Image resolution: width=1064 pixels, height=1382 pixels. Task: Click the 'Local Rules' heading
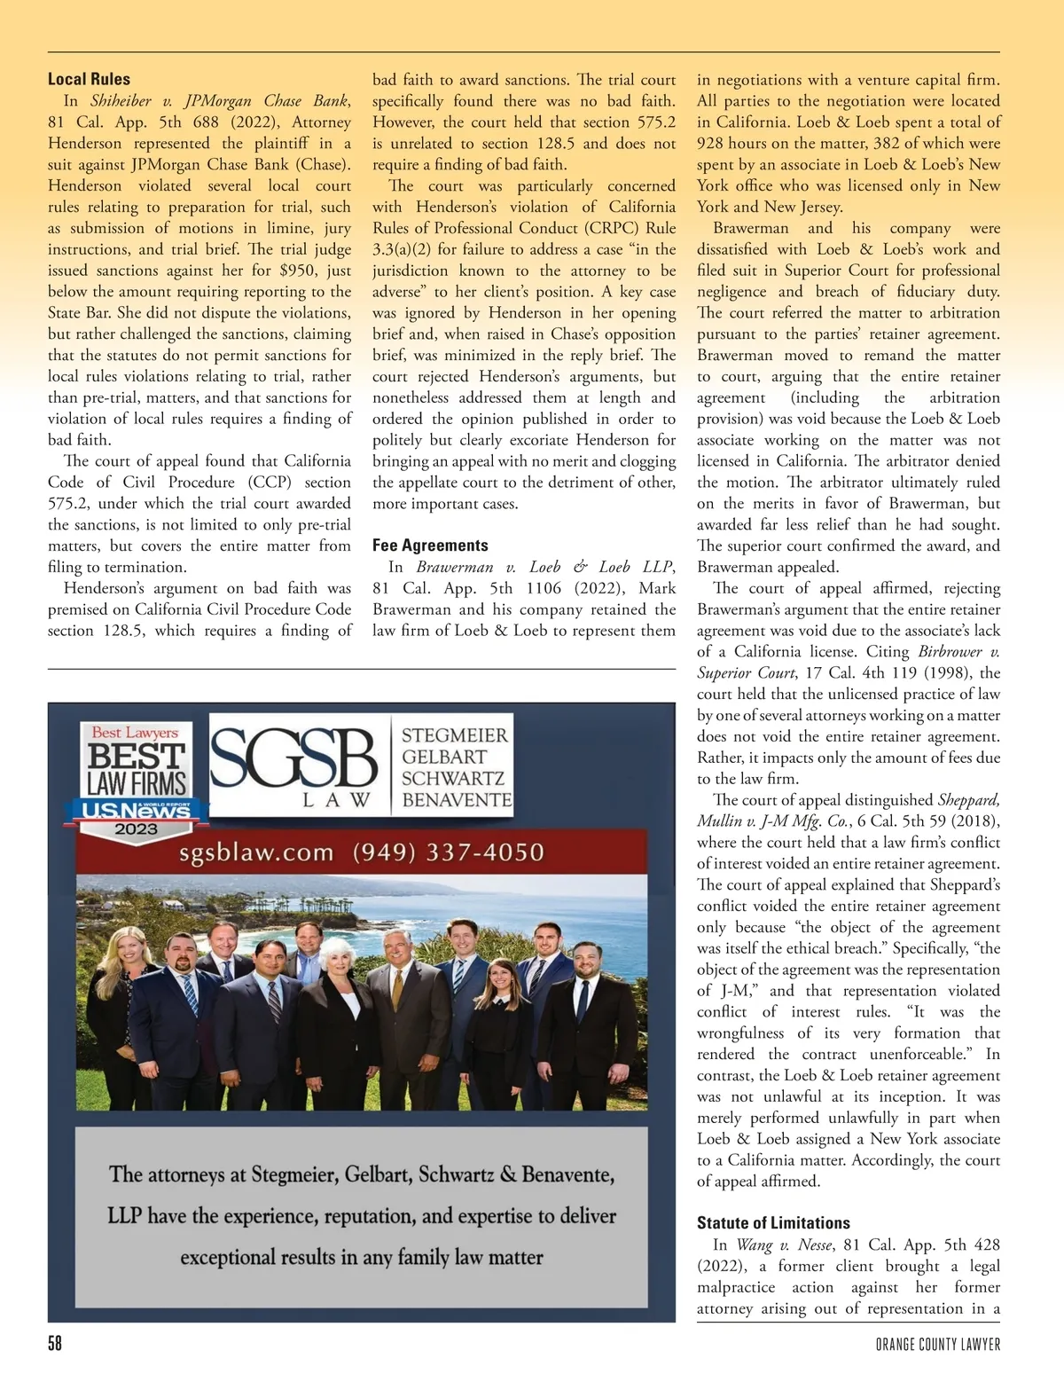pyautogui.click(x=89, y=80)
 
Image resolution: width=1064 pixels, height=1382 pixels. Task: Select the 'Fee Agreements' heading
pyautogui.click(x=430, y=546)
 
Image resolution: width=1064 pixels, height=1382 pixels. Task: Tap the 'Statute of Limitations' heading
pyautogui.click(x=773, y=1223)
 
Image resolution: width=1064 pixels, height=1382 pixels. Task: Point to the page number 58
pyautogui.click(x=55, y=1344)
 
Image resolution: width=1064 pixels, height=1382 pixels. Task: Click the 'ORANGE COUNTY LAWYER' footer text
pyautogui.click(x=937, y=1345)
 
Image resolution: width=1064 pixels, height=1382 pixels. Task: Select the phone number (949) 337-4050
pyautogui.click(x=448, y=852)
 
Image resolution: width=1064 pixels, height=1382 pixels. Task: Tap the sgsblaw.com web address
pyautogui.click(x=256, y=853)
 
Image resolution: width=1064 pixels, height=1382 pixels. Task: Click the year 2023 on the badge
pyautogui.click(x=136, y=829)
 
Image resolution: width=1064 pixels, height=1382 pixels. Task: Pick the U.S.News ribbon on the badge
pyautogui.click(x=136, y=810)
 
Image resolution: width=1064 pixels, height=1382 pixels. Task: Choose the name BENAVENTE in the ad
pyautogui.click(x=457, y=799)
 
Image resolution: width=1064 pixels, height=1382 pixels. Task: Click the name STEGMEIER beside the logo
pyautogui.click(x=455, y=735)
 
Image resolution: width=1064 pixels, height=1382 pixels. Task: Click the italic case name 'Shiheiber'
pyautogui.click(x=121, y=101)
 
